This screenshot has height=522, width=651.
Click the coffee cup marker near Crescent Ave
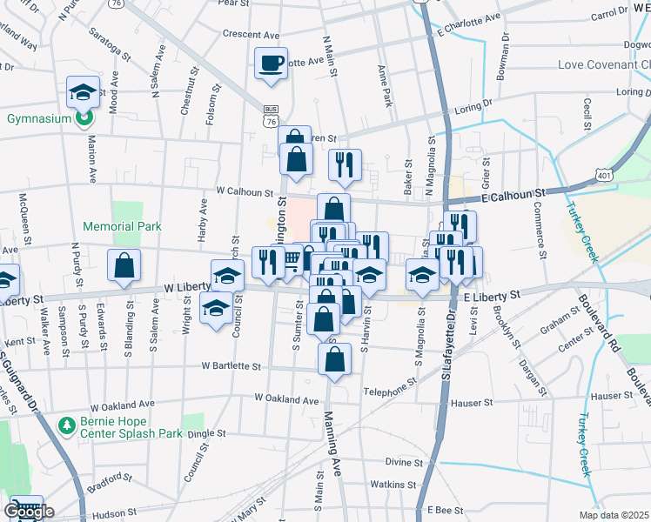coord(271,64)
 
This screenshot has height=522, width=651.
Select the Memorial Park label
coord(122,226)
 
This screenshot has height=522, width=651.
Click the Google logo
coord(29,511)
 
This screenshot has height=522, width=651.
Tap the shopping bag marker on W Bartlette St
coord(334,359)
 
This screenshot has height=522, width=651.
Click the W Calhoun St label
coord(245,193)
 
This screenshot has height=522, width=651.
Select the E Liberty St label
coord(492,297)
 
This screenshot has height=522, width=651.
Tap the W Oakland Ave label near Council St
coord(286,399)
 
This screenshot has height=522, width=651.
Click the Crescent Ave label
coord(251,35)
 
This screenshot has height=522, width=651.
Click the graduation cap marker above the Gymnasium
coord(83,91)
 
